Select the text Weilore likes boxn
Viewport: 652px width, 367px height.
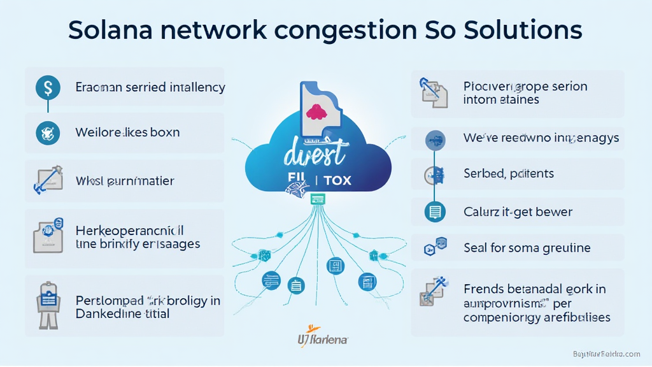127,133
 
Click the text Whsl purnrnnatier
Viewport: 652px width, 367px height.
125,181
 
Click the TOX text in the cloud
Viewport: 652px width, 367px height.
337,180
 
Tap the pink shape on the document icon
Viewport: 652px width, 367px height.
316,113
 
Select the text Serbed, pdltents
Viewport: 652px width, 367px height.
509,173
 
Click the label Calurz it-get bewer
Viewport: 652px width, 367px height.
518,212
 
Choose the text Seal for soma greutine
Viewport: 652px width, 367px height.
527,248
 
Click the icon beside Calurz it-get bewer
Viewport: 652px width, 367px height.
436,212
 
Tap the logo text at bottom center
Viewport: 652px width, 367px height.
323,339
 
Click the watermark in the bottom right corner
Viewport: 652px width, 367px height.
606,354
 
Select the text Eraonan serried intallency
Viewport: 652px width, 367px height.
150,87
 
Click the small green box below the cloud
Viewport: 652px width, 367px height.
318,199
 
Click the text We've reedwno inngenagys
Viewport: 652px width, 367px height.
541,138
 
